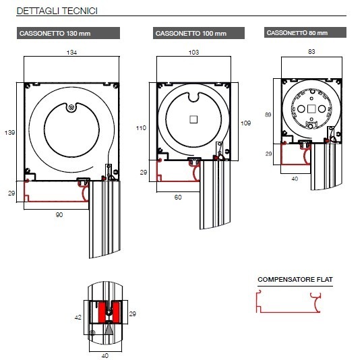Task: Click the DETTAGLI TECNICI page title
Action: point(57,11)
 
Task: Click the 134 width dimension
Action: point(71,53)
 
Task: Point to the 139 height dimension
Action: point(9,133)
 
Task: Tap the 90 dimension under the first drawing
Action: point(59,214)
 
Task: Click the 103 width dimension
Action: point(193,52)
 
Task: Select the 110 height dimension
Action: point(141,128)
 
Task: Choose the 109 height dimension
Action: point(245,123)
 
